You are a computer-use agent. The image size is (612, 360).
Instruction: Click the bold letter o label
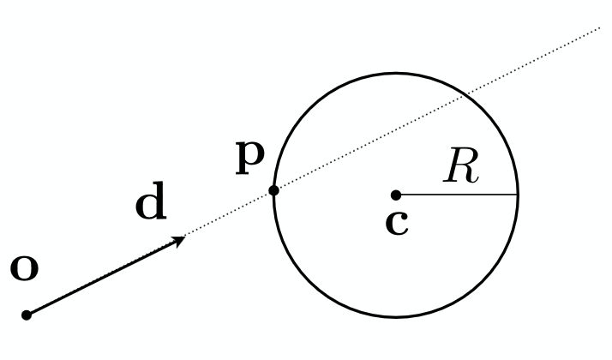(x=24, y=268)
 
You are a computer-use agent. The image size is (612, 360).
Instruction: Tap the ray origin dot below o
(x=27, y=315)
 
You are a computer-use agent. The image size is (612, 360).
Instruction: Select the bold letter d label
(x=151, y=201)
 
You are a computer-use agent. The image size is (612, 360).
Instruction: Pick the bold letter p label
(x=250, y=158)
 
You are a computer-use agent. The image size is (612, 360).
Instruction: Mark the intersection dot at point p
(x=274, y=190)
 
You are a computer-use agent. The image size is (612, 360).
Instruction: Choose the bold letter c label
(x=397, y=224)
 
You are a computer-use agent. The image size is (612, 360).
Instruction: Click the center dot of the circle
(x=396, y=195)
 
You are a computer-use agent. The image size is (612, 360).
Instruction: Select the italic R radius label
(x=461, y=165)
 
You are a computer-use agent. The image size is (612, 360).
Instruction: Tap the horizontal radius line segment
(x=457, y=195)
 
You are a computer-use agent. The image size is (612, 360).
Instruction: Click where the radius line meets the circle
(x=518, y=195)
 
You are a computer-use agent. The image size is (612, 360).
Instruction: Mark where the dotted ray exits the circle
(x=465, y=94)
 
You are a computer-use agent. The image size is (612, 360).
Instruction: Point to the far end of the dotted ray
(x=600, y=27)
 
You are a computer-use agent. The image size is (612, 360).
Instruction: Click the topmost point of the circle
(x=396, y=73)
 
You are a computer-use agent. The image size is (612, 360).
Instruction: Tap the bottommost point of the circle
(x=396, y=316)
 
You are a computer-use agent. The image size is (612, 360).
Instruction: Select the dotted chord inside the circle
(x=369, y=142)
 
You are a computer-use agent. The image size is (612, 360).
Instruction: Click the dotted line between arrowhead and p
(x=230, y=213)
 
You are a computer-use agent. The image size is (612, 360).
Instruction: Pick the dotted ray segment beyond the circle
(x=532, y=61)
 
